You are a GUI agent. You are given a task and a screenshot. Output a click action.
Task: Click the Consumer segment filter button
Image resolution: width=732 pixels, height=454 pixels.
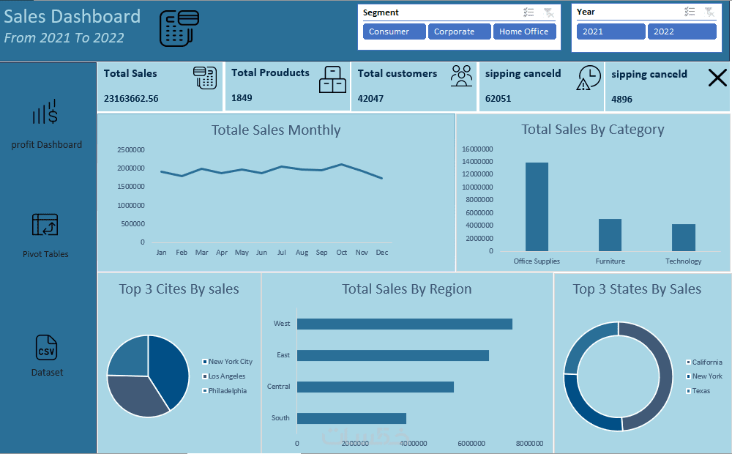[x=395, y=31]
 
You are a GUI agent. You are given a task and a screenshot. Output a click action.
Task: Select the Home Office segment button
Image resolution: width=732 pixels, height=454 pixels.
[x=525, y=31]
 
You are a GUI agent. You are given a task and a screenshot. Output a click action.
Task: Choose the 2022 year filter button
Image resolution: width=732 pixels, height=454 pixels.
[x=681, y=31]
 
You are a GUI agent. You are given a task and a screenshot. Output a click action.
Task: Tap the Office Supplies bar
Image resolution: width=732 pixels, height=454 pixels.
[x=537, y=206]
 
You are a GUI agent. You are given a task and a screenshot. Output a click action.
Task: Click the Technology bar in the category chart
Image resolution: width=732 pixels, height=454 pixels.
[x=684, y=237]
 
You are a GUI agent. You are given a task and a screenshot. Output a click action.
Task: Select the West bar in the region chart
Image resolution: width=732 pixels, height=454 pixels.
[x=404, y=324]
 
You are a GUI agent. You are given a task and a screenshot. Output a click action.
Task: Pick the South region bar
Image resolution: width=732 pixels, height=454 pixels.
[x=351, y=418]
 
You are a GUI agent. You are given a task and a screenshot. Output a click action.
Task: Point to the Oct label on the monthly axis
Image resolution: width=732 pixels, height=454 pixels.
[x=342, y=253]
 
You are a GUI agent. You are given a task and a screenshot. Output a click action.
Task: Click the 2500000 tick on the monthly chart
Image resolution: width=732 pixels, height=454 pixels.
[x=131, y=149]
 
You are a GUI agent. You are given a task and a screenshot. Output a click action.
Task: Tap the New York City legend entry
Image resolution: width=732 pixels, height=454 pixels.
[x=230, y=362]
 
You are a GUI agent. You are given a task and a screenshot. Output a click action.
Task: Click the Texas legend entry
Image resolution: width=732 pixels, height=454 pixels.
[x=701, y=391]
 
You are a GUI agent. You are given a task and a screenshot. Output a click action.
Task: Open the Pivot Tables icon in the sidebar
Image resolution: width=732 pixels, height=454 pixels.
[x=45, y=225]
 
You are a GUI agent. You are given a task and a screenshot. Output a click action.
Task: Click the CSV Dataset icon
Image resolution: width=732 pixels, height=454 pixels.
[x=46, y=348]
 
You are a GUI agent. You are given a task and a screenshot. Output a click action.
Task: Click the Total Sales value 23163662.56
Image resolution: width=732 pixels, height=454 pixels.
[x=131, y=98]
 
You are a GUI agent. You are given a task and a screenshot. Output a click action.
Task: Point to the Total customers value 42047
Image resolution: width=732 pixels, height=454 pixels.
[x=370, y=98]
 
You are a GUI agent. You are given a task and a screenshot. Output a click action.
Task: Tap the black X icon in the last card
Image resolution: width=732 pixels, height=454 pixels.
[x=717, y=78]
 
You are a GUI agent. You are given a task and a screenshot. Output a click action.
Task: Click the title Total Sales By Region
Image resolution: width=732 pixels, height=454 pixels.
[x=407, y=289]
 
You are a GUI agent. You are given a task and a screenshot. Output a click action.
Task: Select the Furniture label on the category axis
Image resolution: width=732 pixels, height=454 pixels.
[x=610, y=261]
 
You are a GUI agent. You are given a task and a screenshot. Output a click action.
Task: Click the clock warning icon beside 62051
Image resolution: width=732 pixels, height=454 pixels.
[x=589, y=78]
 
